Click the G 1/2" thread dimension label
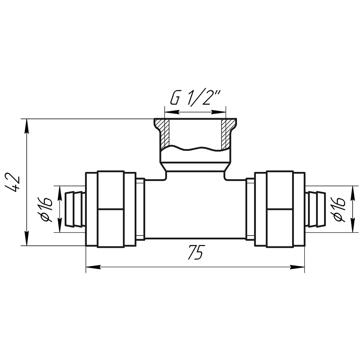pyautogui.click(x=195, y=98)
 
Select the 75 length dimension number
pyautogui.click(x=195, y=252)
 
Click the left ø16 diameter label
pyautogui.click(x=45, y=209)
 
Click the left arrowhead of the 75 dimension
pyautogui.click(x=94, y=267)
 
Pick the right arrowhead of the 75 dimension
pyautogui.click(x=297, y=267)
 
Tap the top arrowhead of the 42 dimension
pyautogui.click(x=27, y=126)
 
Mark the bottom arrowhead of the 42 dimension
pyautogui.click(x=27, y=238)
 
